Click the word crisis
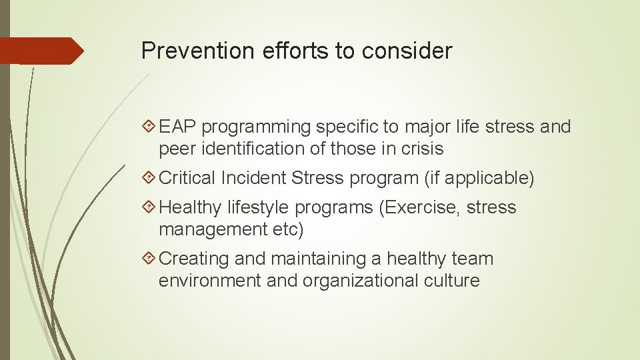[x=419, y=149]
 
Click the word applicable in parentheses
[x=487, y=179]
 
